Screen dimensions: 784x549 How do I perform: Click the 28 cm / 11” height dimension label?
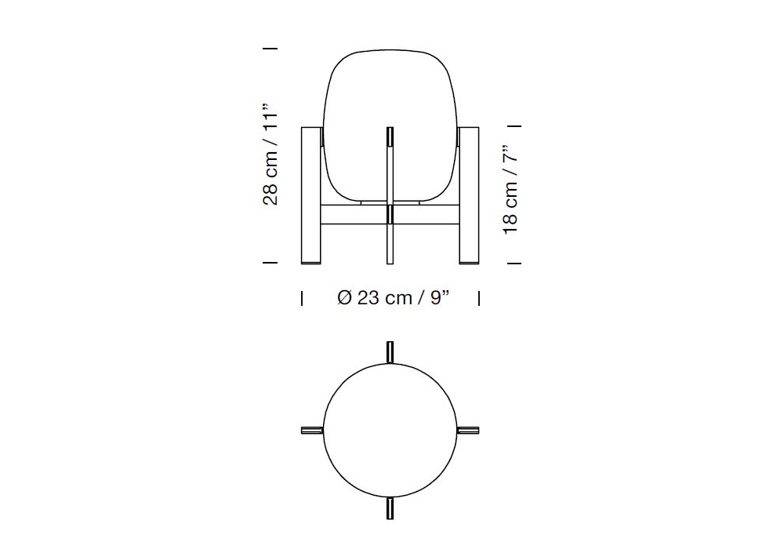[270, 155]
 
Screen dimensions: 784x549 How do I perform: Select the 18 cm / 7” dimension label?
[510, 190]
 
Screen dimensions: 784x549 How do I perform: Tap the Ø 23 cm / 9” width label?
[394, 298]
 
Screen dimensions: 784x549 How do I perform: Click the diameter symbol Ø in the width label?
[345, 298]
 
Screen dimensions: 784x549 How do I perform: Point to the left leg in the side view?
[311, 195]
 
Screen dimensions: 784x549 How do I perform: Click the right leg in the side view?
[469, 195]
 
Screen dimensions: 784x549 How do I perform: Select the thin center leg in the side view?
[390, 195]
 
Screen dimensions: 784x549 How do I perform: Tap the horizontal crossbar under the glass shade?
[390, 214]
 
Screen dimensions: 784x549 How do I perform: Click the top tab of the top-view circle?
[390, 352]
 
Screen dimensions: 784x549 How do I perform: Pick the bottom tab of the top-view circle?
[390, 508]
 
